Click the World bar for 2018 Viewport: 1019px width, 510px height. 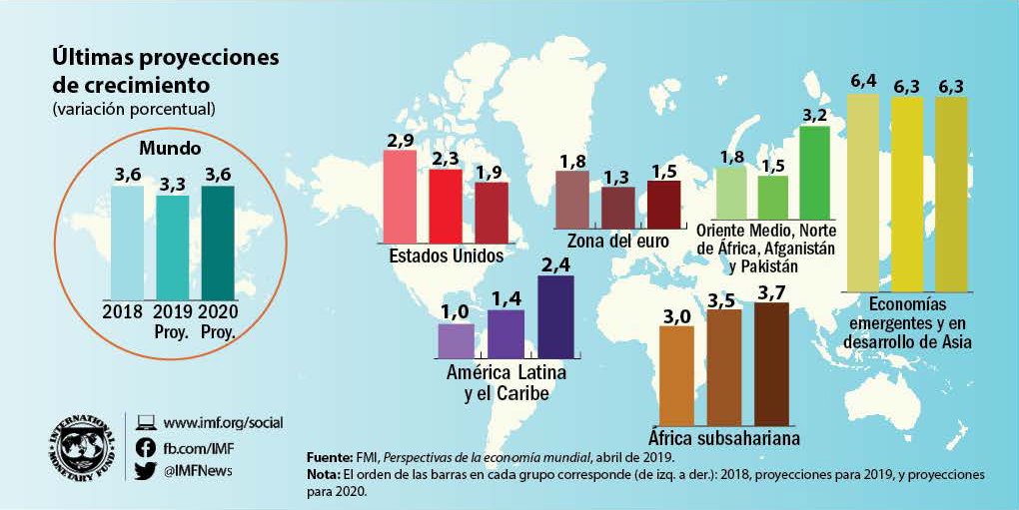(127, 241)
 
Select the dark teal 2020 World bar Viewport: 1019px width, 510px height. (217, 241)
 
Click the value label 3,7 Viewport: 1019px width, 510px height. (770, 290)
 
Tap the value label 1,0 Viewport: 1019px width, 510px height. (455, 312)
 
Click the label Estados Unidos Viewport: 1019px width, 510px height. (445, 255)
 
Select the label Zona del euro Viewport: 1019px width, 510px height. (616, 241)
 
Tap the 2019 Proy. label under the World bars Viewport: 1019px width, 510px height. (172, 320)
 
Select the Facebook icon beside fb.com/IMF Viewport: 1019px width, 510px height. (145, 448)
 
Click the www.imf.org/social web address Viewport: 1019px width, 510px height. (223, 423)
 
